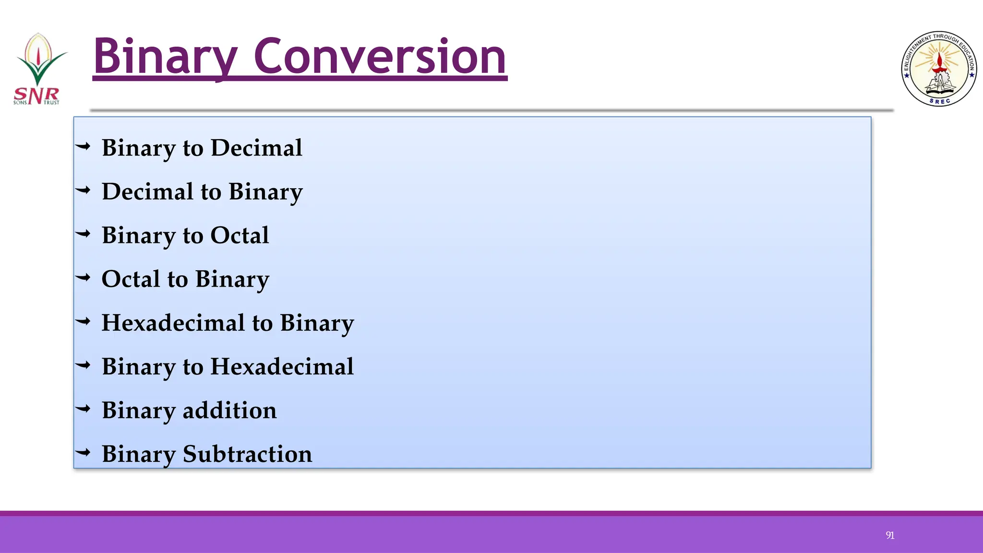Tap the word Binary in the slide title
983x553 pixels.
(x=166, y=58)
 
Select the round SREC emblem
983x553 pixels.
(x=939, y=69)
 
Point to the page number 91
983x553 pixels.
(x=890, y=535)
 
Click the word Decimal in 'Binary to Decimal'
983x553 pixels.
(x=256, y=147)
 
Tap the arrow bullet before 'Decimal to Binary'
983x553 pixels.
(x=83, y=191)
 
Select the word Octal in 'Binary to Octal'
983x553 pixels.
(x=240, y=235)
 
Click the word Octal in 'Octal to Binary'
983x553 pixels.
(x=131, y=279)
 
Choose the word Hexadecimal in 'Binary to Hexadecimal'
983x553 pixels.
(x=282, y=367)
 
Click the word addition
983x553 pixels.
(x=229, y=410)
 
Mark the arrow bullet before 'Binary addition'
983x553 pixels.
(x=83, y=409)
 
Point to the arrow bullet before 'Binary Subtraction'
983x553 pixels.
(x=83, y=452)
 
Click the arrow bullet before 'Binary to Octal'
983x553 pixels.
(x=83, y=234)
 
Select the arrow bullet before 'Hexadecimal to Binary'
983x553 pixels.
(x=83, y=322)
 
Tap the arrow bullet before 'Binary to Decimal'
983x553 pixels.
(x=83, y=146)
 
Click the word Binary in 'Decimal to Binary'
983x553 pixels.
(x=265, y=192)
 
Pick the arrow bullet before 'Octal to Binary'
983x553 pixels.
(x=83, y=277)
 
